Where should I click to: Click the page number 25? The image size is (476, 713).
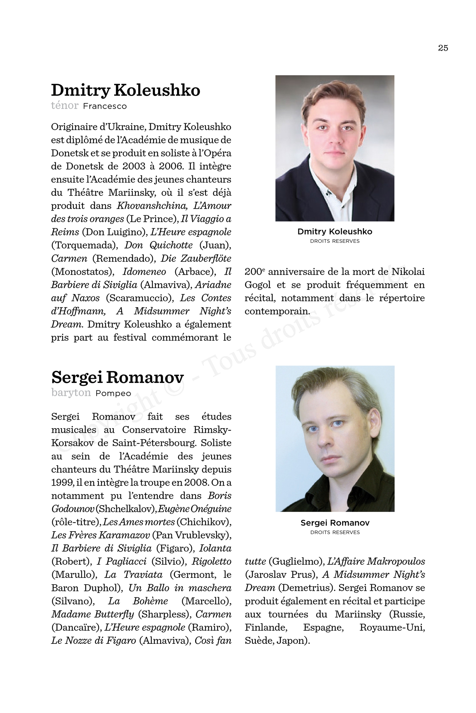point(443,48)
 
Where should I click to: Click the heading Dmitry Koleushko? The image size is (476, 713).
point(125,90)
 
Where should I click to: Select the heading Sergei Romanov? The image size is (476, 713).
point(117,377)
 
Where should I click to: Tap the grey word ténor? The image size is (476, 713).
point(65,106)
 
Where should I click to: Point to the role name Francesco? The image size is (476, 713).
point(105,106)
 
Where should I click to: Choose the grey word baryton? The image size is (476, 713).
point(71,393)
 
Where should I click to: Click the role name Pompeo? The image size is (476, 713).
point(113,394)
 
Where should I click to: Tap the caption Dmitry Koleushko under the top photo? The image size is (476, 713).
point(335,232)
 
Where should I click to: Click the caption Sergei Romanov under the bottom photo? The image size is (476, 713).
point(335,523)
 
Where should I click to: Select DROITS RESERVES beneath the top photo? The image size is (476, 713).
point(335,241)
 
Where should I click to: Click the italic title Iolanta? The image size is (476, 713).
point(215,548)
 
